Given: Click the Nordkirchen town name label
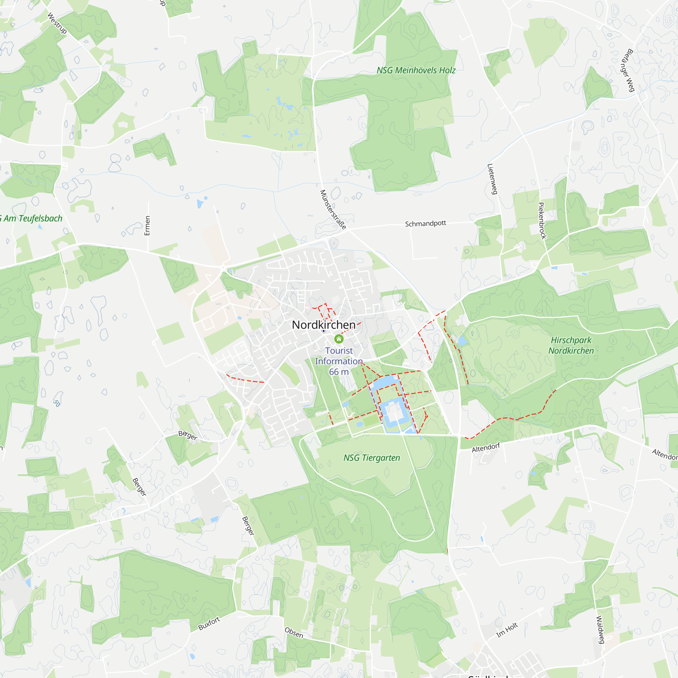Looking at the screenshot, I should (x=323, y=325).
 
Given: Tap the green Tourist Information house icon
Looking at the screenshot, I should (x=339, y=339).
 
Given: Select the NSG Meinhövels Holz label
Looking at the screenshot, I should (x=416, y=71).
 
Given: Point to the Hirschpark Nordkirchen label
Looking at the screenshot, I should (x=571, y=345).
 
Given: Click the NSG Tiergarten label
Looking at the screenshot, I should (x=372, y=458).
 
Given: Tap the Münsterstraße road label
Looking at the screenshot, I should (x=333, y=210).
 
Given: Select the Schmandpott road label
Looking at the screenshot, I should (x=425, y=223).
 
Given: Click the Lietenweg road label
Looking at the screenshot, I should (x=492, y=179).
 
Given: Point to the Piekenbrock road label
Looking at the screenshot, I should (x=542, y=221).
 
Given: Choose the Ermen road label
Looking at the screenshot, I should (x=147, y=226).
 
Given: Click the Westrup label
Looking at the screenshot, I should (x=57, y=23).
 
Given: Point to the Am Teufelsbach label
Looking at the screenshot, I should (x=32, y=219).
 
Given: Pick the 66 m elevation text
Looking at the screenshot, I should (x=339, y=372).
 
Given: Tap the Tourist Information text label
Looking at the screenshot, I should (x=339, y=356).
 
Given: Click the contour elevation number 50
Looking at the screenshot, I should (x=57, y=403).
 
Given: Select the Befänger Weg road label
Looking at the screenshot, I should (x=630, y=70).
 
